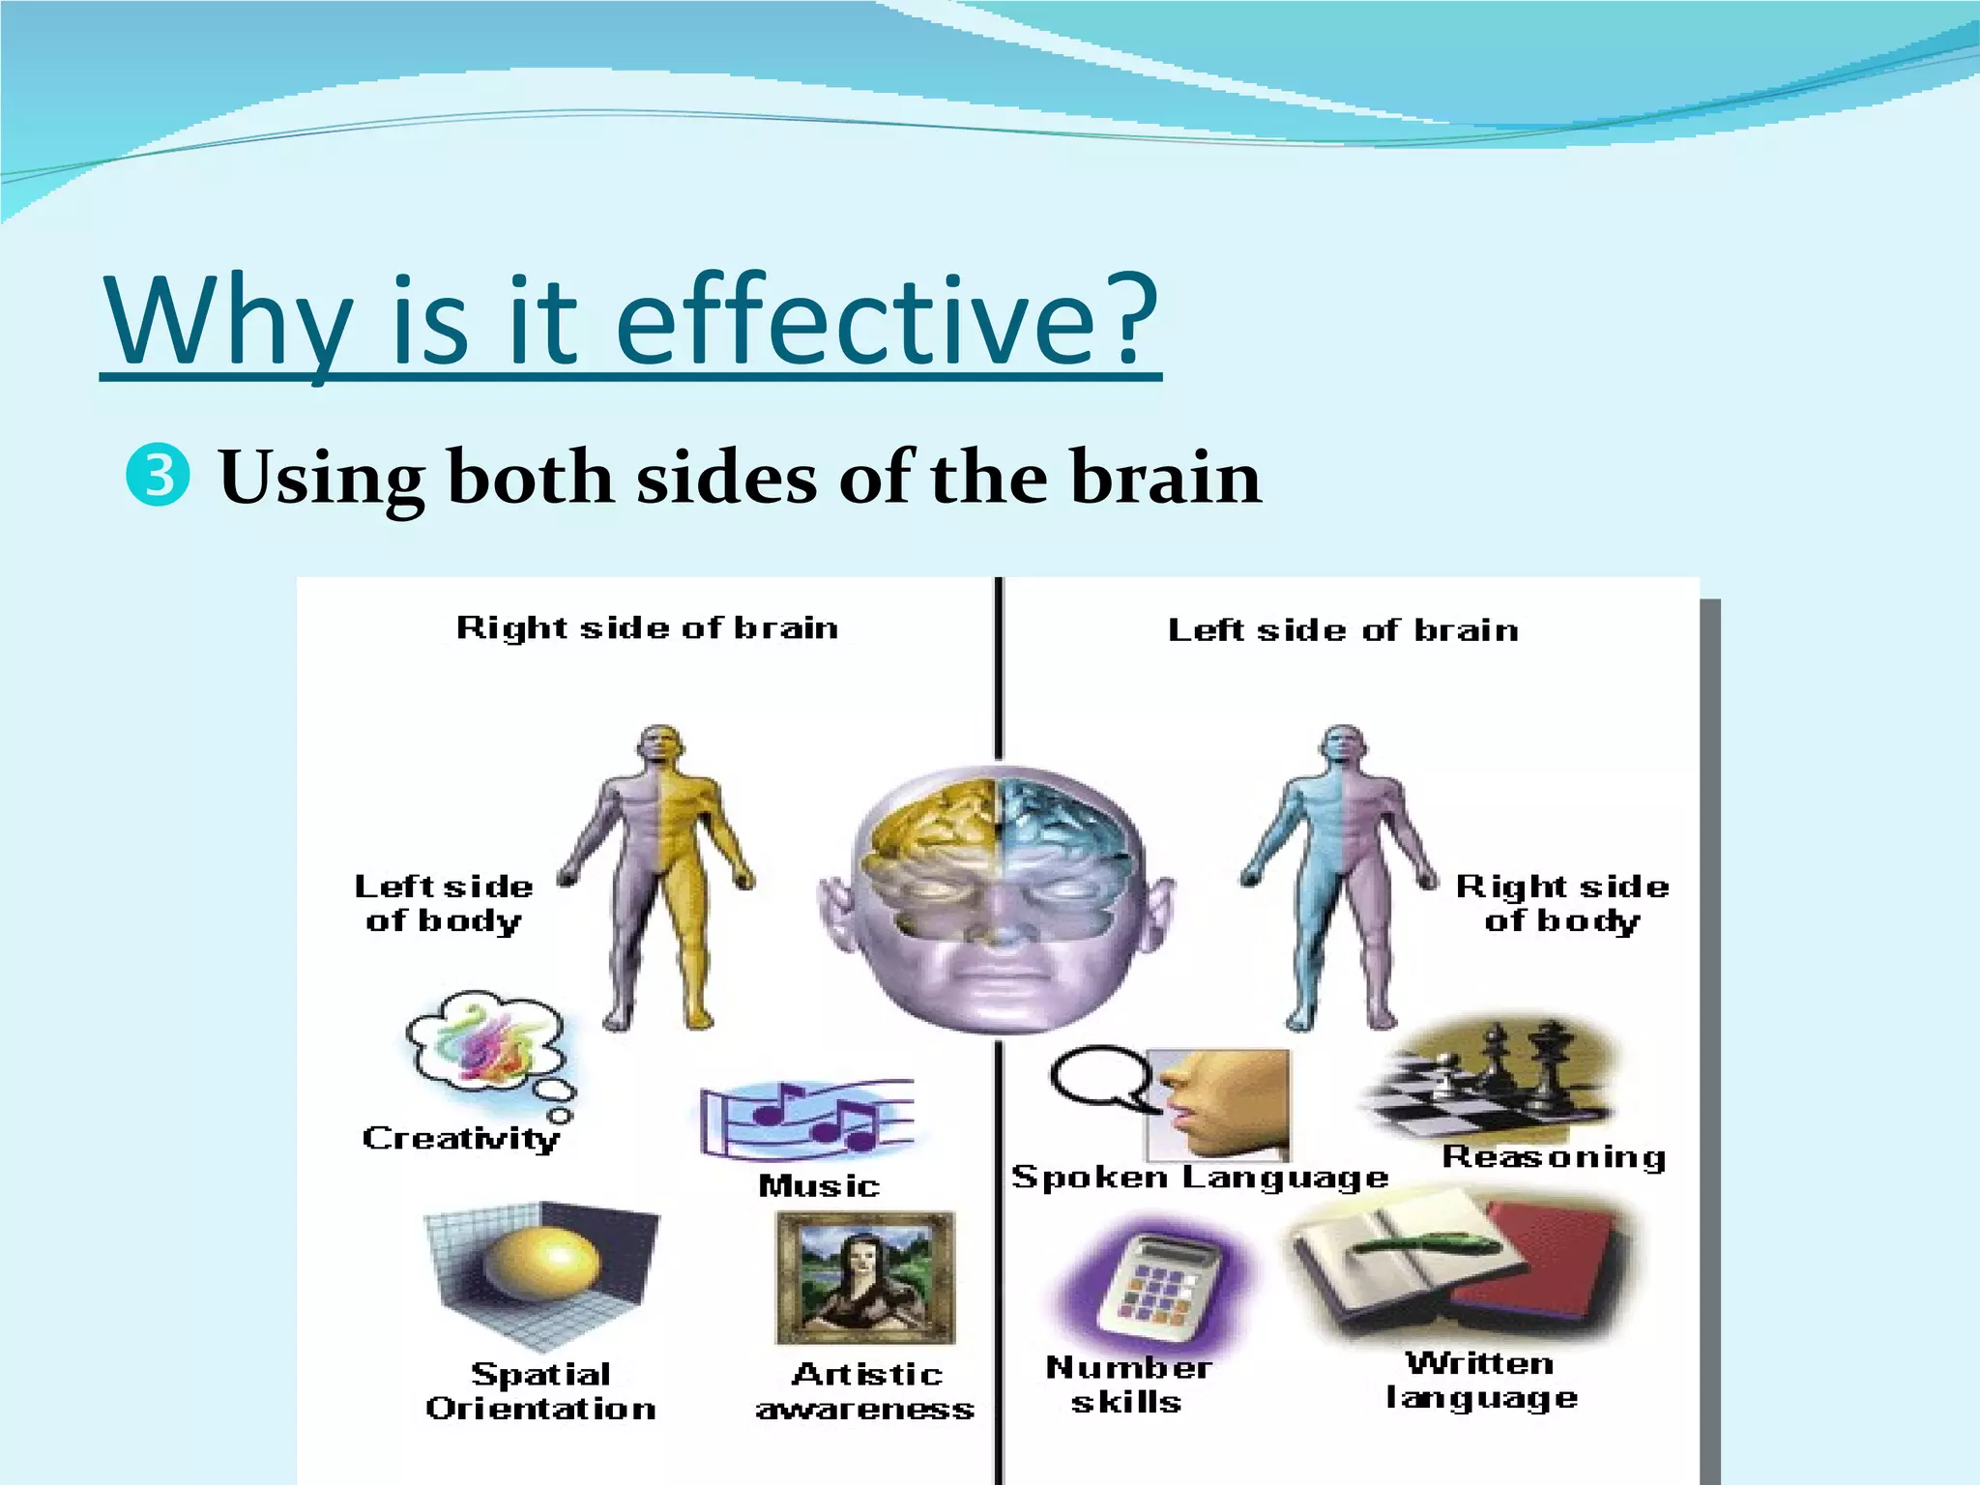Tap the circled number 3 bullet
[x=157, y=477]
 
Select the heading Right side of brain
[x=647, y=627]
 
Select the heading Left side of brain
[x=1343, y=630]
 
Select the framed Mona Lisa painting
[x=864, y=1276]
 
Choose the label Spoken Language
[x=1199, y=1177]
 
